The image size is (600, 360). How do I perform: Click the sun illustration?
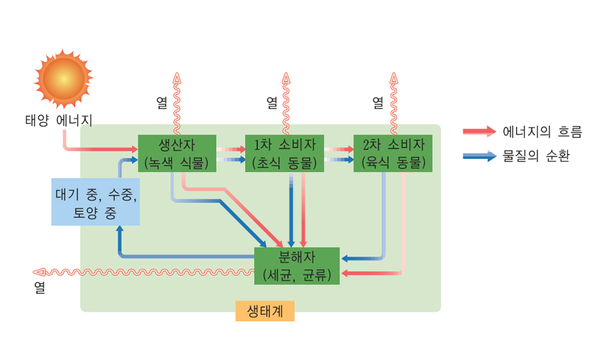click(63, 79)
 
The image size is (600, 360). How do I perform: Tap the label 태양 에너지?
click(59, 121)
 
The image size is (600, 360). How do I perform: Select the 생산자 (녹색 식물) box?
click(177, 153)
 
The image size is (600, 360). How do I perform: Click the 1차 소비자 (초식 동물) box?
click(285, 153)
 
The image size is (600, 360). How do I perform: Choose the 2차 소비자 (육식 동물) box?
click(393, 153)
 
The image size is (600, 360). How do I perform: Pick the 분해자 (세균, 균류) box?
click(297, 265)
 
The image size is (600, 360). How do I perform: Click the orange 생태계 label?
click(265, 311)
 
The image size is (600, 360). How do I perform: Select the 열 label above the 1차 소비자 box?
click(272, 102)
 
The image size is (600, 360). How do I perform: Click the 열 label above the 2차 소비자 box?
click(378, 102)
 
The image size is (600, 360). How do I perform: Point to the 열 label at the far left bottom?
click(40, 289)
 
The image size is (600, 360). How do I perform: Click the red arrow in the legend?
click(479, 131)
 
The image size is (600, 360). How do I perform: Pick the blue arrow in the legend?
click(479, 156)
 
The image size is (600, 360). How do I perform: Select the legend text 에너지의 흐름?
click(542, 131)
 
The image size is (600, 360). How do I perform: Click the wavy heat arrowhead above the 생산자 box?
click(177, 77)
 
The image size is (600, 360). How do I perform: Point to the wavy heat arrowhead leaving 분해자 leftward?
click(39, 272)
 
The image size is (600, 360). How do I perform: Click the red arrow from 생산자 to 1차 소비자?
click(231, 150)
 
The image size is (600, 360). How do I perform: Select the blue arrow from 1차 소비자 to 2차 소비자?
click(339, 160)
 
